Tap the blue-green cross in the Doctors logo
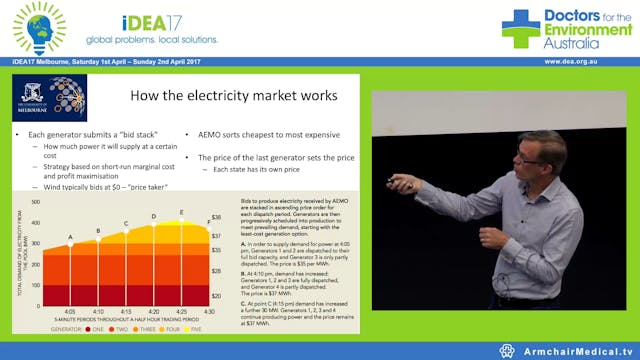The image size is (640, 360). click(520, 27)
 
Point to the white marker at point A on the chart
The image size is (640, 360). click(71, 244)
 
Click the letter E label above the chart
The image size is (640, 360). click(181, 212)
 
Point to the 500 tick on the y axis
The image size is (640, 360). click(36, 200)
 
